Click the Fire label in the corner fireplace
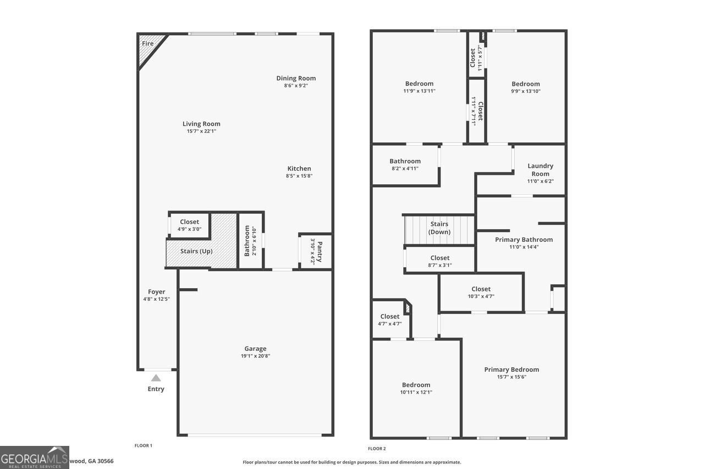pos(147,43)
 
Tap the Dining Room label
pos(296,78)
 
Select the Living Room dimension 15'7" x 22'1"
pos(201,131)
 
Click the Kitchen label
pos(299,169)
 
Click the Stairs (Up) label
pos(196,251)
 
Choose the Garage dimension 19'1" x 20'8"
pos(255,356)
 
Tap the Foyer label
pos(156,291)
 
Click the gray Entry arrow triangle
pos(156,378)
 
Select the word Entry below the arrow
pos(156,389)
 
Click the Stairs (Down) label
pos(439,228)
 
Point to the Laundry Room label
pos(540,169)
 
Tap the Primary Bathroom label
pos(524,239)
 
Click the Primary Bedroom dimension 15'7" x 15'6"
pos(512,377)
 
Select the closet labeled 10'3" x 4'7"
pos(481,292)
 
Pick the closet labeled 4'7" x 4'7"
pos(389,319)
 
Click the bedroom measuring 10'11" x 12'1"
pos(416,388)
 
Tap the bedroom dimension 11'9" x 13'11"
pos(419,91)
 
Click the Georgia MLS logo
pos(34,457)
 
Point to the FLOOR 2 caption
pos(377,449)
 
